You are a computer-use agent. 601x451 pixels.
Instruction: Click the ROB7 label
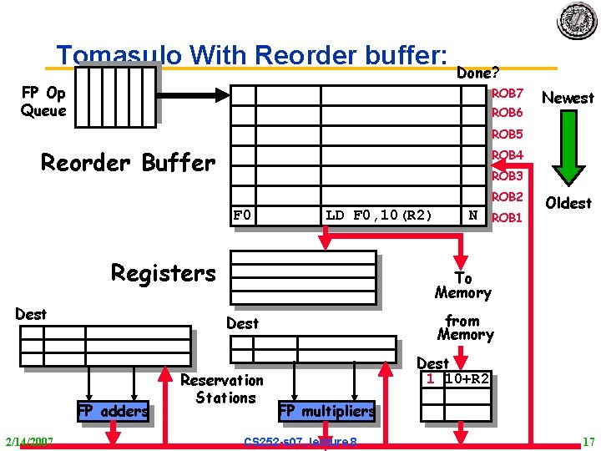pyautogui.click(x=507, y=93)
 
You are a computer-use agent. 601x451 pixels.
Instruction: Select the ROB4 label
pyautogui.click(x=507, y=155)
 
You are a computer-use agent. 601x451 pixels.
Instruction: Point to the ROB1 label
pyautogui.click(x=507, y=217)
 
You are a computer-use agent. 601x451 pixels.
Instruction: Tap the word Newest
pyautogui.click(x=568, y=98)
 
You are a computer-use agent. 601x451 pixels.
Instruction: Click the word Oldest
pyautogui.click(x=568, y=203)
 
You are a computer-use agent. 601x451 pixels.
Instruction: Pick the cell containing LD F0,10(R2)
pyautogui.click(x=379, y=215)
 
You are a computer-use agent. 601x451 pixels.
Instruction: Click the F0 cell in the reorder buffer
pyautogui.click(x=242, y=215)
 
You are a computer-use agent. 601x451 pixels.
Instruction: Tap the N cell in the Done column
pyautogui.click(x=473, y=215)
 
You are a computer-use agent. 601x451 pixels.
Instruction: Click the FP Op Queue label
pyautogui.click(x=43, y=101)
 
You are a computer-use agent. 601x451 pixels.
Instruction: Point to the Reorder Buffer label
pyautogui.click(x=128, y=162)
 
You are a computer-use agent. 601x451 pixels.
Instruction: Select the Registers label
pyautogui.click(x=163, y=273)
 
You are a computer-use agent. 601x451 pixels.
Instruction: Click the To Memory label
pyautogui.click(x=462, y=286)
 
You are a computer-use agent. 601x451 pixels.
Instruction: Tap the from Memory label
pyautogui.click(x=465, y=327)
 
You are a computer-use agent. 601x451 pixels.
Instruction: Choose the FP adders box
pyautogui.click(x=113, y=411)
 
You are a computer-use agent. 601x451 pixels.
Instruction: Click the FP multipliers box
pyautogui.click(x=326, y=411)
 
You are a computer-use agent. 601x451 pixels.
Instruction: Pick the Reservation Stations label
pyautogui.click(x=223, y=388)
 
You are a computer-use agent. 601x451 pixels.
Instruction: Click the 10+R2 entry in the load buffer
pyautogui.click(x=467, y=378)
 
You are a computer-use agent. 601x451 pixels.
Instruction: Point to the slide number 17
pyautogui.click(x=587, y=441)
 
